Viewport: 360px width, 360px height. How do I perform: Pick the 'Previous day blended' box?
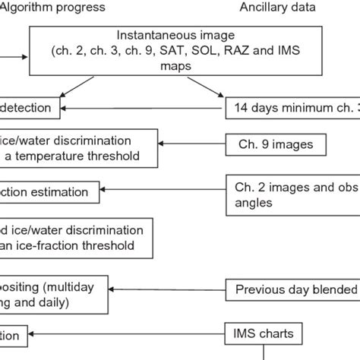tap(293, 289)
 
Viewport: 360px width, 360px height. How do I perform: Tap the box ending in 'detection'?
tap(29, 108)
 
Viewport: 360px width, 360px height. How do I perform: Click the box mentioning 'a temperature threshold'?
tap(80, 148)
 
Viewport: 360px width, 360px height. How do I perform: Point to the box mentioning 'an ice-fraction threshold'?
tap(80, 237)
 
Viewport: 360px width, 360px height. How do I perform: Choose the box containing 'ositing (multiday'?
tap(61, 294)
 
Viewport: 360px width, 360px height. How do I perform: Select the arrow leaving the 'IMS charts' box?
tap(129, 333)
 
